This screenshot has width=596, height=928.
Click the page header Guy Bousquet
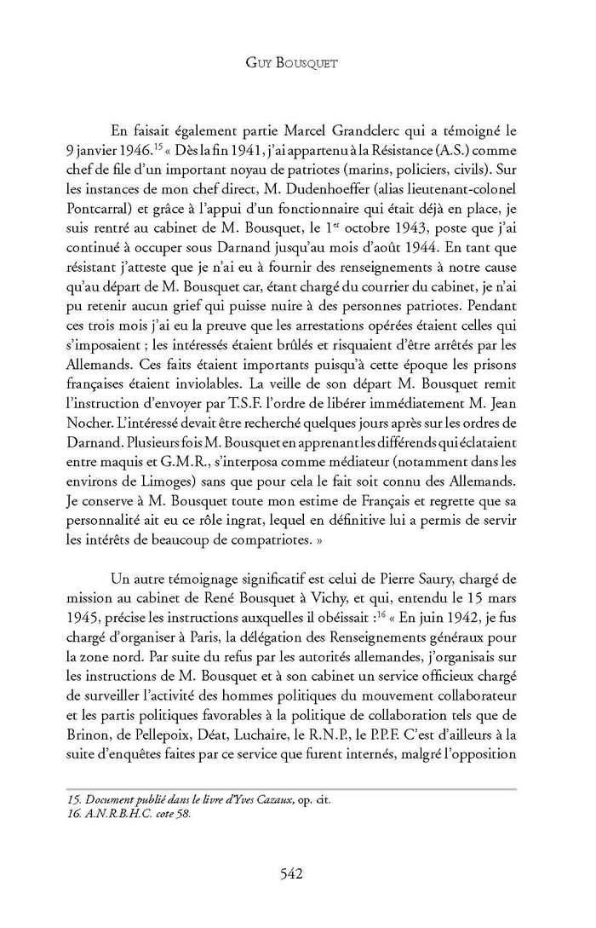pyautogui.click(x=297, y=63)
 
